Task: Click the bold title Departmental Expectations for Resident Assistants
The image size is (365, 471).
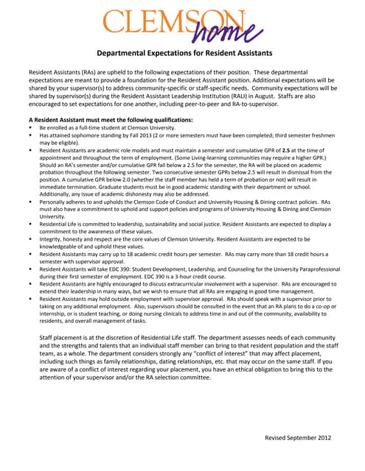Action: pos(185,54)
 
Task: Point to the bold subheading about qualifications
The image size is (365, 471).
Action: pos(111,119)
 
